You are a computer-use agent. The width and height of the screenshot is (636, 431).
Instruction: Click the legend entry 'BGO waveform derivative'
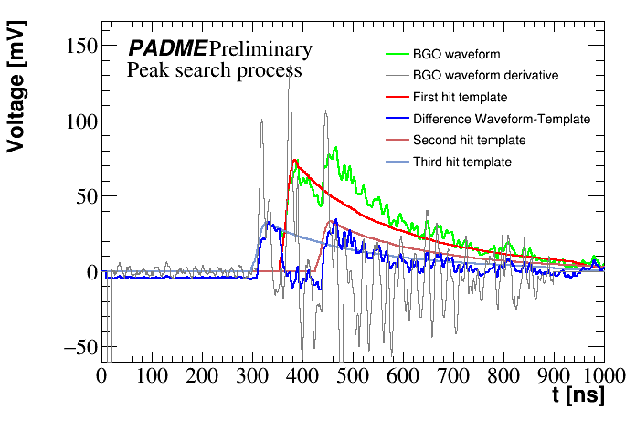[x=484, y=75]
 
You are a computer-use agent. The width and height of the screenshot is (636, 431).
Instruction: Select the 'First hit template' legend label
[x=460, y=97]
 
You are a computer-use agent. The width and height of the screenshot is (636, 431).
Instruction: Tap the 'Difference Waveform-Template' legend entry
[x=501, y=119]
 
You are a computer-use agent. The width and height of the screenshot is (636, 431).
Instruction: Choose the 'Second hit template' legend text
[x=469, y=141]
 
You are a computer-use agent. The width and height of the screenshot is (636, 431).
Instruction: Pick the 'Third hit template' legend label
[x=461, y=163]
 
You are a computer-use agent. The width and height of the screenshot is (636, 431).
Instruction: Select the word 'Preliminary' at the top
[x=260, y=48]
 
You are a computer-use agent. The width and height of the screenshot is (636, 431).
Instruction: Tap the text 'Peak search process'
[x=214, y=69]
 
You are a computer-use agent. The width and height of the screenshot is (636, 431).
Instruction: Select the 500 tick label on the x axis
[x=352, y=375]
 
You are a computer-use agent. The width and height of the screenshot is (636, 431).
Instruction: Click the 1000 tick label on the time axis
[x=599, y=375]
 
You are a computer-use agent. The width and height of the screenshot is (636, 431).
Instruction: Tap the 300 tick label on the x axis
[x=251, y=375]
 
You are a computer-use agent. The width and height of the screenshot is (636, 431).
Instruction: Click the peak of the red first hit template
[x=295, y=160]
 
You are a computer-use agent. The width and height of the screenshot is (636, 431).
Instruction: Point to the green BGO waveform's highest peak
[x=337, y=147]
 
